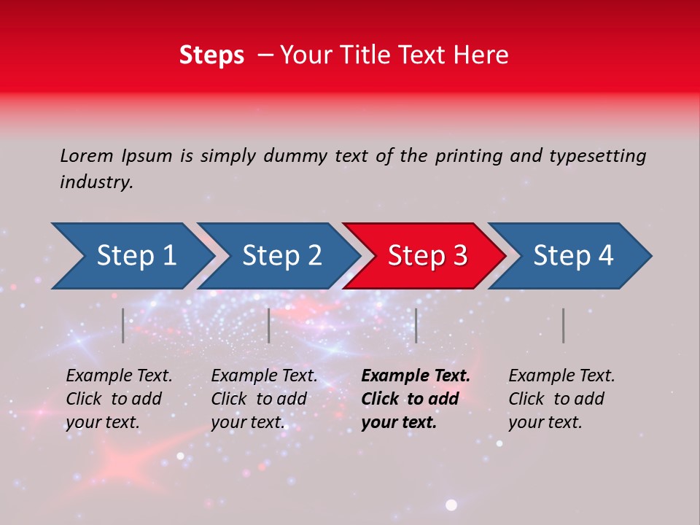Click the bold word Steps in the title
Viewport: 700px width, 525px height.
pyautogui.click(x=211, y=55)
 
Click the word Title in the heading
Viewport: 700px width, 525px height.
pyautogui.click(x=374, y=55)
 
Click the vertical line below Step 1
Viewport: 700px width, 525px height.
pyautogui.click(x=123, y=325)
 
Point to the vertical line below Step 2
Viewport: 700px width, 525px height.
pyautogui.click(x=269, y=325)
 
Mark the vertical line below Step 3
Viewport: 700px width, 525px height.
pyautogui.click(x=416, y=325)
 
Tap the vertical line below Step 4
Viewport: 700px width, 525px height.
pyautogui.click(x=564, y=325)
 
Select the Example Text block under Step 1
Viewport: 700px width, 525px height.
pyautogui.click(x=119, y=399)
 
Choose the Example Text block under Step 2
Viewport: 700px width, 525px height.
pyautogui.click(x=264, y=399)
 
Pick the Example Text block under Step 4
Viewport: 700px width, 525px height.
pyautogui.click(x=561, y=399)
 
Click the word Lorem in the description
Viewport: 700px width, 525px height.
pyautogui.click(x=87, y=155)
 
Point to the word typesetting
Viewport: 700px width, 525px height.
pyautogui.click(x=597, y=155)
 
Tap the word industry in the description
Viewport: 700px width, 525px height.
pyautogui.click(x=96, y=182)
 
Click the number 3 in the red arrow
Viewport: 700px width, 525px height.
pyautogui.click(x=459, y=256)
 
